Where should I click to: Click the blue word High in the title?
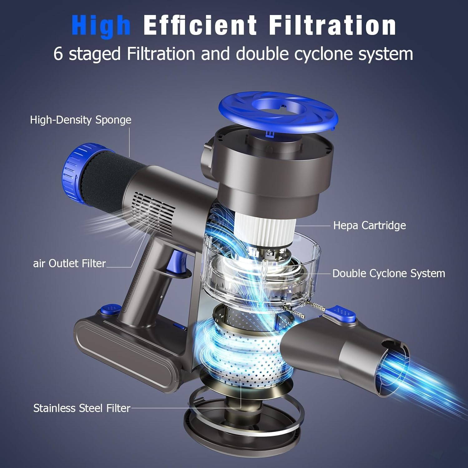101,26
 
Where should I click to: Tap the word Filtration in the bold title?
332,26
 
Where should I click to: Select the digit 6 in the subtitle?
58,54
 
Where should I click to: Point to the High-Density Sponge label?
80,120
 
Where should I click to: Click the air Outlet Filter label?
69,263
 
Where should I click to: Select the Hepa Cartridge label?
369,225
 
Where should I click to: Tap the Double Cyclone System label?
388,273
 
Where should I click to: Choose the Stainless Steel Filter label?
82,408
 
